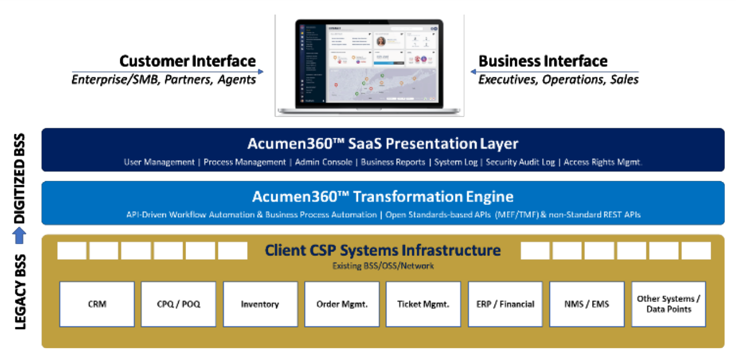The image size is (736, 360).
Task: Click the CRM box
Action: (x=97, y=304)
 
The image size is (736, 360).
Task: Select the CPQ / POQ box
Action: (x=179, y=304)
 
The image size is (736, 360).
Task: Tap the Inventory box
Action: (x=260, y=304)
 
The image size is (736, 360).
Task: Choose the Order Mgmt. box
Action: (x=342, y=304)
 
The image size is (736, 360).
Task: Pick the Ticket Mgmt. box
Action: (x=423, y=304)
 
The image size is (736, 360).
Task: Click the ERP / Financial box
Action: (x=505, y=304)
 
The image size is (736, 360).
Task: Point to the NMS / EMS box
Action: (x=586, y=304)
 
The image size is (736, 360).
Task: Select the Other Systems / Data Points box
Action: (x=668, y=304)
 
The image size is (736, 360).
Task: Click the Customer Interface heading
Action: (x=188, y=61)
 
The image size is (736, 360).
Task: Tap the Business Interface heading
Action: (x=543, y=61)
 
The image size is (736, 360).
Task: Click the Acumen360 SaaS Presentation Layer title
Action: (x=383, y=144)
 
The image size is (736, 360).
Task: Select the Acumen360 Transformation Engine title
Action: (x=383, y=197)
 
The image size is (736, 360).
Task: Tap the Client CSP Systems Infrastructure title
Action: (x=383, y=250)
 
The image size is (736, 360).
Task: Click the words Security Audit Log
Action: (x=520, y=162)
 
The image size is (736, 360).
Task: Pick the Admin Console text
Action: (x=324, y=162)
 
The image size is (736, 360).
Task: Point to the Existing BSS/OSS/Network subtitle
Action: (x=383, y=265)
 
